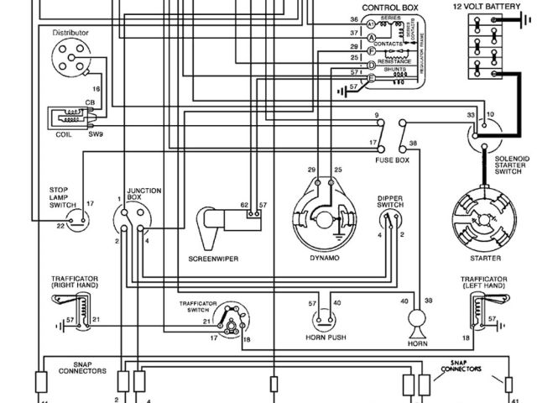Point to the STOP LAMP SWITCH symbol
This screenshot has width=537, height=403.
pyautogui.click(x=78, y=217)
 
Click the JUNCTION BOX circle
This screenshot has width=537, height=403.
pyautogui.click(x=133, y=222)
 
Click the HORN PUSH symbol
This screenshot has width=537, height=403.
pyautogui.click(x=325, y=320)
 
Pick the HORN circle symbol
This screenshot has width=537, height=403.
pyautogui.click(x=416, y=320)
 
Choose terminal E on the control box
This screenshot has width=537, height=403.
pyautogui.click(x=370, y=76)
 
